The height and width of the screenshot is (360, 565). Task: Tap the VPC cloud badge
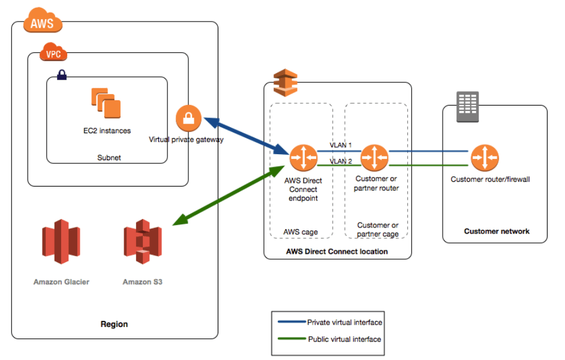coord(53,54)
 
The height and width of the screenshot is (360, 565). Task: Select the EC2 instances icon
coord(106,103)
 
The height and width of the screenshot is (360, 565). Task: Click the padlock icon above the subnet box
coord(61,75)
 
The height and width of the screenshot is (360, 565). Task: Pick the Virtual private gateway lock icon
coord(188,118)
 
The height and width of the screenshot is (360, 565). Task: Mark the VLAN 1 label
coord(340,145)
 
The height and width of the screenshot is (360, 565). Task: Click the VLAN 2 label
coord(340,161)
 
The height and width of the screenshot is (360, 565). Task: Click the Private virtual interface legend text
coord(344,322)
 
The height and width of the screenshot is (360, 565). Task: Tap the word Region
coord(114,324)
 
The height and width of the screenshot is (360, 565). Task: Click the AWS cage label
coord(300,232)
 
